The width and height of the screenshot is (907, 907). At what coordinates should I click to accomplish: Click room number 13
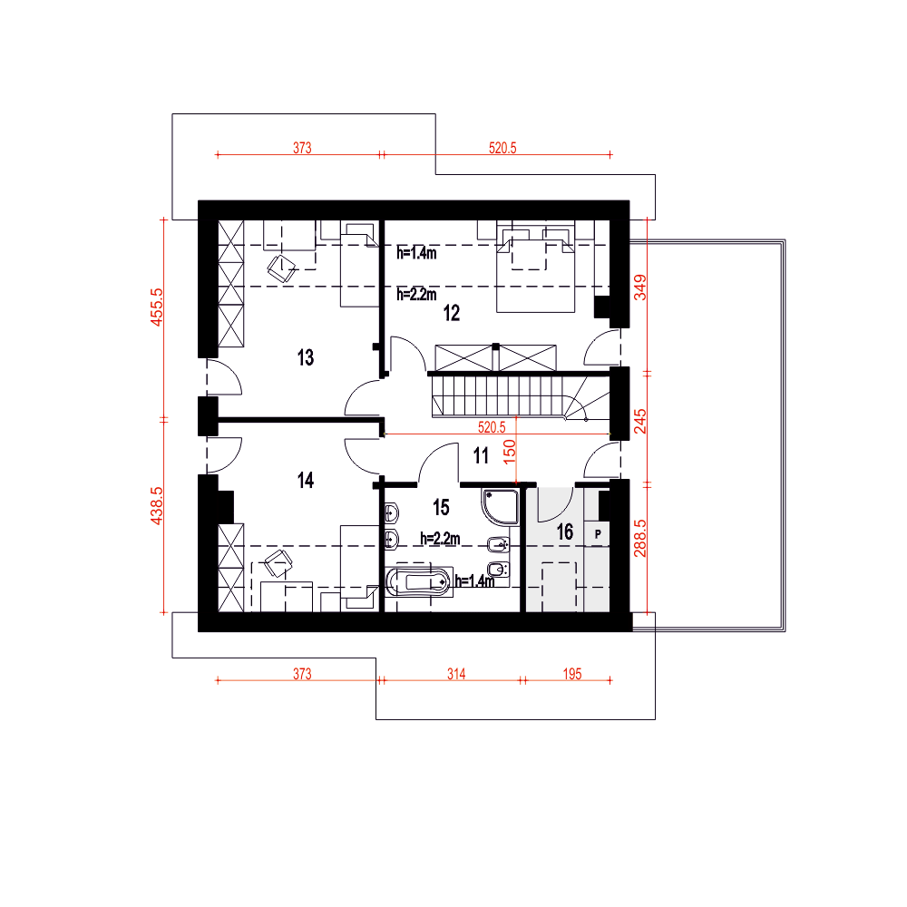306,357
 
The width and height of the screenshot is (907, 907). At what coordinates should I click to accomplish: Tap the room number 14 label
306,480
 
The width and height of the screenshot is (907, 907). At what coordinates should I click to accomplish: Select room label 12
451,313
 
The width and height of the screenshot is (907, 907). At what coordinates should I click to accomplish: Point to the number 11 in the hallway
481,456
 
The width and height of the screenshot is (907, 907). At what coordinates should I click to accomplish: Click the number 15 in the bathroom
441,507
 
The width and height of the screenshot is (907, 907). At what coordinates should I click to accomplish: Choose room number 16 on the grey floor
564,532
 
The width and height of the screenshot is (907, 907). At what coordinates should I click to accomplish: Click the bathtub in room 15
417,582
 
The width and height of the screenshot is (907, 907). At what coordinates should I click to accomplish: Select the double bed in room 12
536,267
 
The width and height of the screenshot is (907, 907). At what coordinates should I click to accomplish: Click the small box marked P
598,534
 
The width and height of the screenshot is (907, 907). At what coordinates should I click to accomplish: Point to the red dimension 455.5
157,307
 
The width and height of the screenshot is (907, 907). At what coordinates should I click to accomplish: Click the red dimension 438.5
157,505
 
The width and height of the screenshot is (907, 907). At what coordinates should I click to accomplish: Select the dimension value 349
639,287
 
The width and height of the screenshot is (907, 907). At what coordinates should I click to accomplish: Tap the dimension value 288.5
639,538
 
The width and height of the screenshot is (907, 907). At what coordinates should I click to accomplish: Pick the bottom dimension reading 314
456,674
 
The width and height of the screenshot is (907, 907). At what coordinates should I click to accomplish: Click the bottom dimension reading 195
572,674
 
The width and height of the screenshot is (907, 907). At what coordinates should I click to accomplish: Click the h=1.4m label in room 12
416,253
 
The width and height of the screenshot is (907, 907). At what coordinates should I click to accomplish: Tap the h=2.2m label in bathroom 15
440,539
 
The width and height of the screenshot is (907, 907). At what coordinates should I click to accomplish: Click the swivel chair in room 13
282,268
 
